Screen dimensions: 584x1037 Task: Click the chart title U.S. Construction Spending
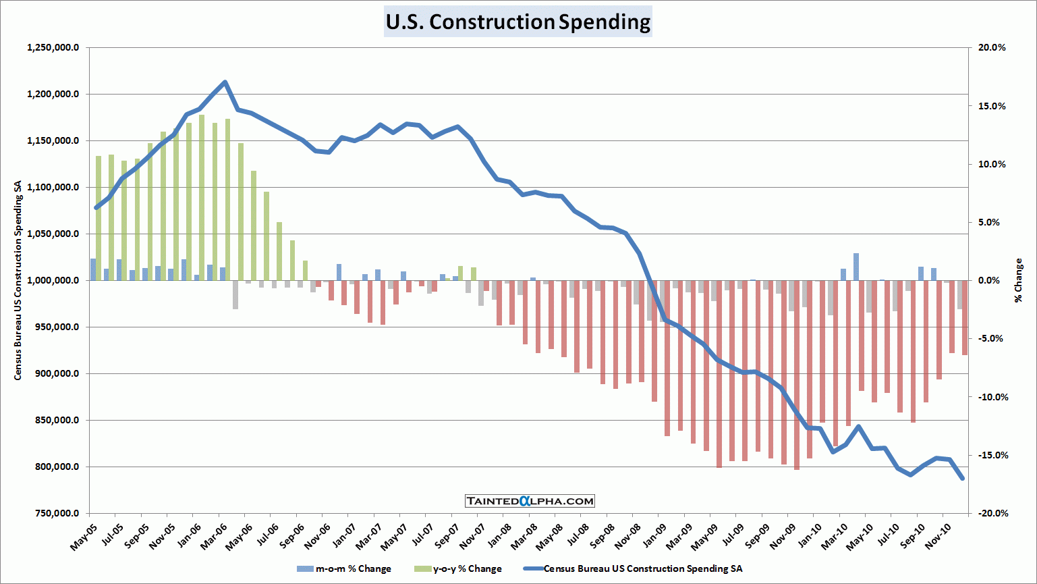tap(517, 22)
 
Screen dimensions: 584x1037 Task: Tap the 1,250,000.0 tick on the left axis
tap(53, 48)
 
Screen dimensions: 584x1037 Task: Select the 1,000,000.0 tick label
tap(53, 281)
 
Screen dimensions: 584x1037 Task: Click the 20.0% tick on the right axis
tap(992, 48)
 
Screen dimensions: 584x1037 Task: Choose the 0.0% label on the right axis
tap(994, 281)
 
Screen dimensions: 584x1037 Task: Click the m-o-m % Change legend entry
tap(344, 569)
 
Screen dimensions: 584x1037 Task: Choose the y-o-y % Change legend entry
tap(459, 569)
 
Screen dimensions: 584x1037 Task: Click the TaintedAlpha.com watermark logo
tap(530, 501)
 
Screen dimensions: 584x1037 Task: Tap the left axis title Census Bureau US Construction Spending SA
tap(18, 280)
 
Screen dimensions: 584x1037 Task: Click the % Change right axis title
tap(1019, 280)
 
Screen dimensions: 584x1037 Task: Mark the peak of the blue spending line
tap(225, 82)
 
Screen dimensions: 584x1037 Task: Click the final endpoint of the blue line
tap(963, 479)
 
